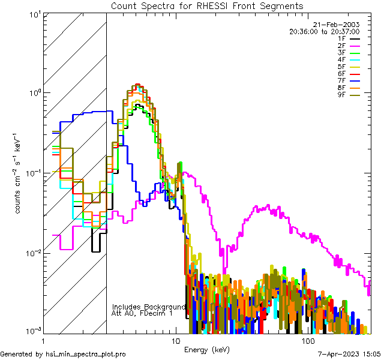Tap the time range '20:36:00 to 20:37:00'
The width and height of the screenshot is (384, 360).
(332, 31)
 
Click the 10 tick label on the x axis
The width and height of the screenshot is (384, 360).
(175, 340)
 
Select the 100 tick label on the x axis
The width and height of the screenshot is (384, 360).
(308, 340)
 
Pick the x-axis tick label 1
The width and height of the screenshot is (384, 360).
(43, 340)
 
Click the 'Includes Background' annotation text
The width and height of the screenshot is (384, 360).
(149, 307)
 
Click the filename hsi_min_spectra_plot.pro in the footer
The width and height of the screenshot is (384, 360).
(86, 355)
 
